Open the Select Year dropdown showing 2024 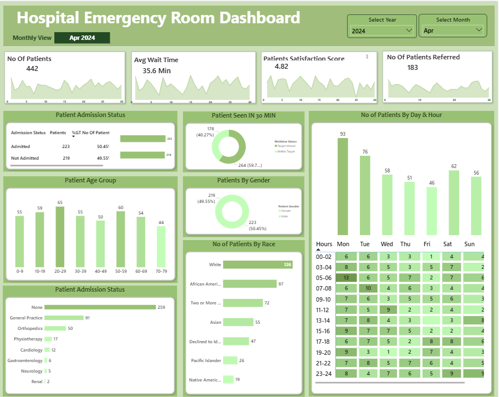coord(381,30)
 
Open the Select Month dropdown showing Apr coord(452,30)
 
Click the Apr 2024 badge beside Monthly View coord(82,38)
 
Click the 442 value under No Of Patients coord(32,69)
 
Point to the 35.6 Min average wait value coord(156,70)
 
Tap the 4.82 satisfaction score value coord(281,67)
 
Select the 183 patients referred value coord(413,68)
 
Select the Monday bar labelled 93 coord(343,186)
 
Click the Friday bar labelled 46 coord(431,211)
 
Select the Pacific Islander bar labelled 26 coord(230,360)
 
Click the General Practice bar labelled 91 coord(64,318)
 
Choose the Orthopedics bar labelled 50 coord(55,328)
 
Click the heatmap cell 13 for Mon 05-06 coord(346,278)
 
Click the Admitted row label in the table coord(21,146)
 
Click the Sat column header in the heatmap coord(448,244)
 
